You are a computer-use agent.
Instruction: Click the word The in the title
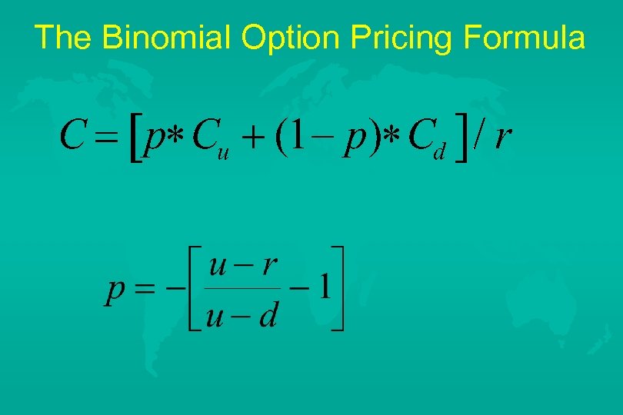tap(63, 38)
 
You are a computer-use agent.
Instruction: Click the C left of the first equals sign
tap(71, 138)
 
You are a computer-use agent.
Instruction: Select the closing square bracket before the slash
tap(461, 139)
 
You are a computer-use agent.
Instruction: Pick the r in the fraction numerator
tap(268, 267)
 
